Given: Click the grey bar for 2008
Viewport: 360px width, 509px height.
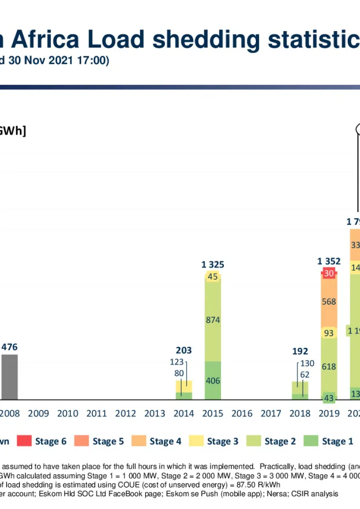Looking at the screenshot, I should (9, 377).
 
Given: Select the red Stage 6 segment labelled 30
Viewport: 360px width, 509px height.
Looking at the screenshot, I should (329, 274).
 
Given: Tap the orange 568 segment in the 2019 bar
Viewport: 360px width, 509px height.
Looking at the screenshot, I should (329, 302).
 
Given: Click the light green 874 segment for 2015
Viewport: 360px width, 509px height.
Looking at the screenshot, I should (213, 320).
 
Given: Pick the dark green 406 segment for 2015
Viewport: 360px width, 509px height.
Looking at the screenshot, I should (213, 381).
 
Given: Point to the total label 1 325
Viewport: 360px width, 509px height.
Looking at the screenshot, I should (213, 265).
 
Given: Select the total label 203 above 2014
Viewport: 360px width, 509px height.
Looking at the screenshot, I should (184, 350).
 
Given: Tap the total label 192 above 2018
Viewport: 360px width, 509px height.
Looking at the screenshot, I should (300, 351).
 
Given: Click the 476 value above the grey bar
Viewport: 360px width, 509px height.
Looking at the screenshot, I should (9, 347).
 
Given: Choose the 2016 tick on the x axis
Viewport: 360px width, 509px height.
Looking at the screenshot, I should (241, 413).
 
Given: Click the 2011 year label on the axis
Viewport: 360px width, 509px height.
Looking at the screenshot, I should (96, 413).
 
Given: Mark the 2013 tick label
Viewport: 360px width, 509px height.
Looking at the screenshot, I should (155, 413).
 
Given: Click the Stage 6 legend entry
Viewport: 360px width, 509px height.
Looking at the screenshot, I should (42, 441).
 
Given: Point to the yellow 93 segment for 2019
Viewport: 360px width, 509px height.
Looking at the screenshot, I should (329, 333).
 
